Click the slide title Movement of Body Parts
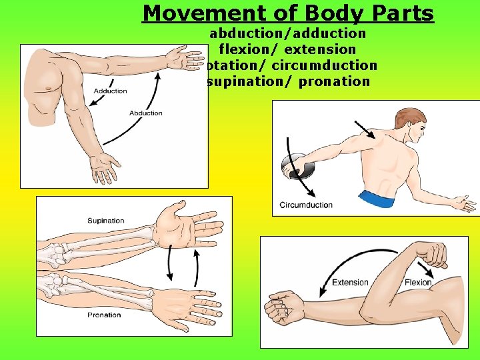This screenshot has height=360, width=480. click(288, 13)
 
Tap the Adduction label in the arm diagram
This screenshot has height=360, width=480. click(110, 91)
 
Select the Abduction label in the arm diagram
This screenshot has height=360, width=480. click(146, 113)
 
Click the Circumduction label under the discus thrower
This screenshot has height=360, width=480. click(306, 205)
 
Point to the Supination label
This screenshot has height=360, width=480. click(105, 221)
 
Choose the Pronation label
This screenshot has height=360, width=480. click(104, 315)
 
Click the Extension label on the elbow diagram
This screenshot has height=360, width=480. click(350, 282)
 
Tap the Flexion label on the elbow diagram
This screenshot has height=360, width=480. click(418, 282)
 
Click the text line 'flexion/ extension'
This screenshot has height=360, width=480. click(287, 49)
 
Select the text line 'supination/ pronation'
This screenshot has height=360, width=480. click(288, 82)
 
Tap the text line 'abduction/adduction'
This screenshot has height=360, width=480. click(288, 33)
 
